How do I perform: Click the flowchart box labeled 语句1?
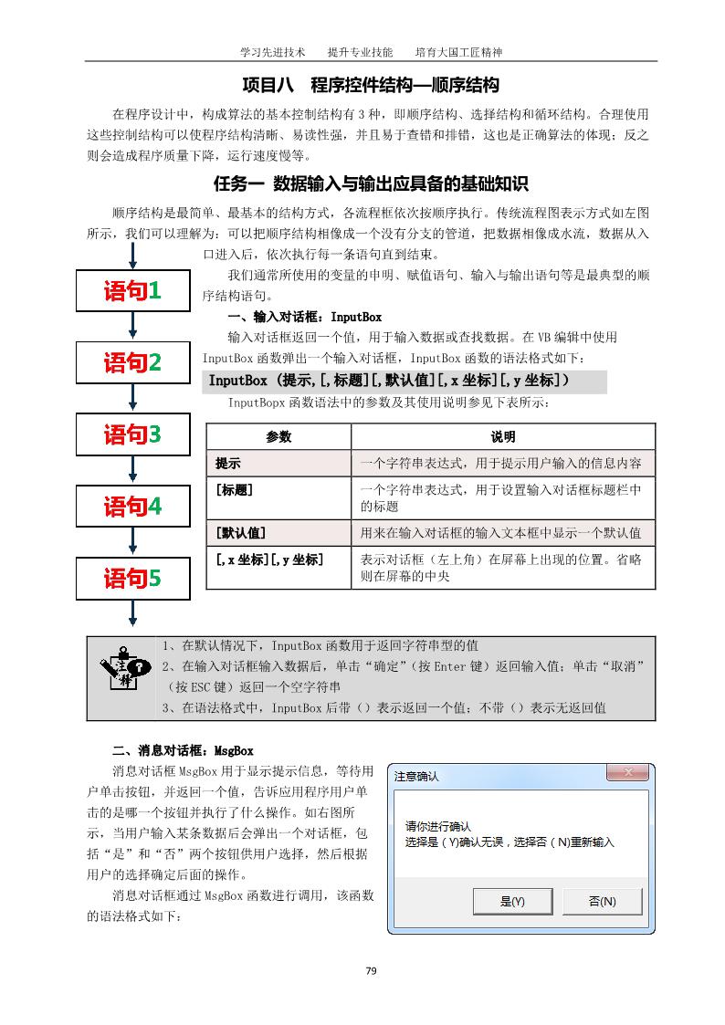click(x=132, y=291)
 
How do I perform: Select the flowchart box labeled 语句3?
click(x=132, y=434)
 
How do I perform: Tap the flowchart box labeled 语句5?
click(x=132, y=578)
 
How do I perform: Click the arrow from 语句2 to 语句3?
click(x=133, y=398)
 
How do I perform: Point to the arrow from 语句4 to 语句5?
click(x=133, y=541)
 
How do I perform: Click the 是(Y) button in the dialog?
click(x=512, y=901)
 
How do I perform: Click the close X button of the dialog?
click(x=627, y=774)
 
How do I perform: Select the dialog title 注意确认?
click(x=416, y=777)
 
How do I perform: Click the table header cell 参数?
click(x=278, y=437)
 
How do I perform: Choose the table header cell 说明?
click(x=503, y=437)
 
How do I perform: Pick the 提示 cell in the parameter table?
click(x=278, y=463)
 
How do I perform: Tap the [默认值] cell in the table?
click(x=278, y=532)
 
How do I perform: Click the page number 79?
click(x=371, y=970)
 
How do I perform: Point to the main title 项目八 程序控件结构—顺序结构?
click(x=371, y=86)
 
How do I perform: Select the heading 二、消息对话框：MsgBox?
click(x=183, y=751)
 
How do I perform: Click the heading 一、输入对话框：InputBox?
click(x=304, y=318)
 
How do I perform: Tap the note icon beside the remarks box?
click(x=123, y=676)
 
